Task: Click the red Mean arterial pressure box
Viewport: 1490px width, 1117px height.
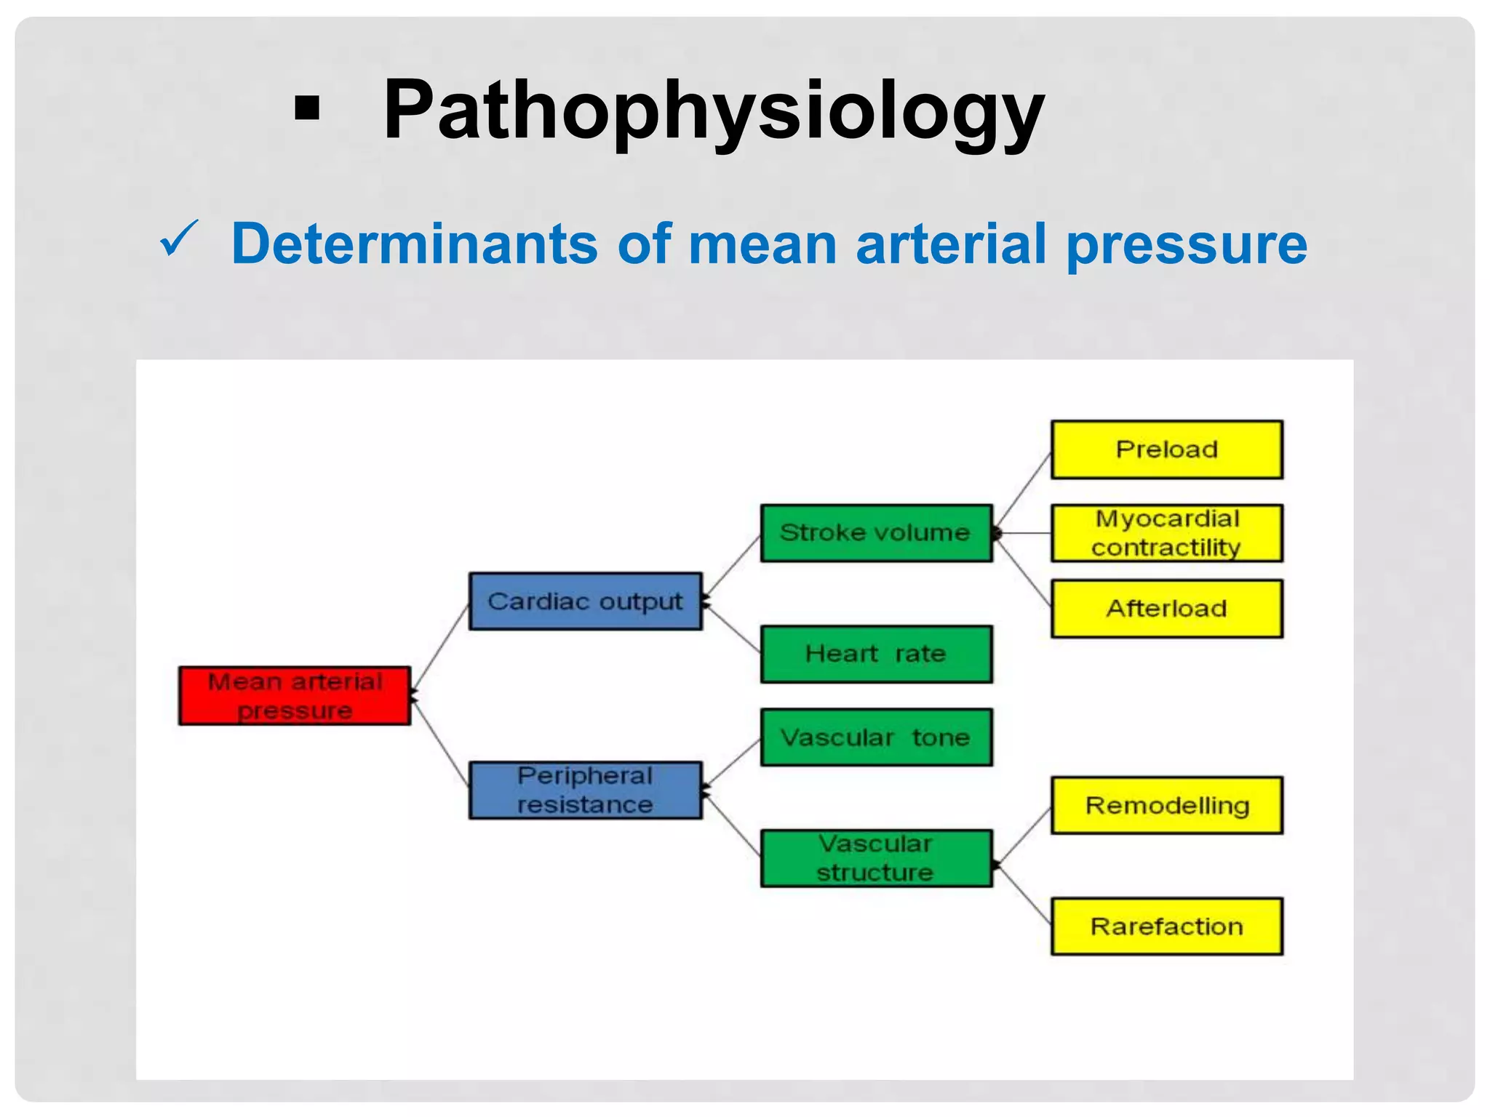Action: pyautogui.click(x=295, y=696)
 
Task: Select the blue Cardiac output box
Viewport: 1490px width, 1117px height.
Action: pyautogui.click(x=585, y=601)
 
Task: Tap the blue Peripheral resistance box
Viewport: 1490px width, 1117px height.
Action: pyautogui.click(x=585, y=790)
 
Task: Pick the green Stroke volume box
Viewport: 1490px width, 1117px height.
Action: pyautogui.click(x=876, y=533)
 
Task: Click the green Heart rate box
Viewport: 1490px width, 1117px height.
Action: pyautogui.click(x=876, y=654)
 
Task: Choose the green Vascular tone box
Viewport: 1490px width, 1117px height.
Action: pyautogui.click(x=876, y=737)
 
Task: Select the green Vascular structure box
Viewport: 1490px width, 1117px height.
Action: pyautogui.click(x=876, y=858)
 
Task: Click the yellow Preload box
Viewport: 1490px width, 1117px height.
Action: pyautogui.click(x=1166, y=449)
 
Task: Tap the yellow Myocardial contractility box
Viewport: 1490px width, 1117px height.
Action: pyautogui.click(x=1166, y=533)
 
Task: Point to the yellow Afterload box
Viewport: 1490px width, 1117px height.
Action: pyautogui.click(x=1166, y=609)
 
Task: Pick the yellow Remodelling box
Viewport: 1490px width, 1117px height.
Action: pyautogui.click(x=1166, y=806)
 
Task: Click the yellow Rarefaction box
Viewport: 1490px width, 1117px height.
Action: pyautogui.click(x=1166, y=926)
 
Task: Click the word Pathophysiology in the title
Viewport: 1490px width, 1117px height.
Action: pyautogui.click(x=713, y=111)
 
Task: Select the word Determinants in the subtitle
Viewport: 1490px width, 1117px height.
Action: pyautogui.click(x=415, y=244)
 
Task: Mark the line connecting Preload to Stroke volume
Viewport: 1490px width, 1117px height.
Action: pyautogui.click(x=1023, y=492)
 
